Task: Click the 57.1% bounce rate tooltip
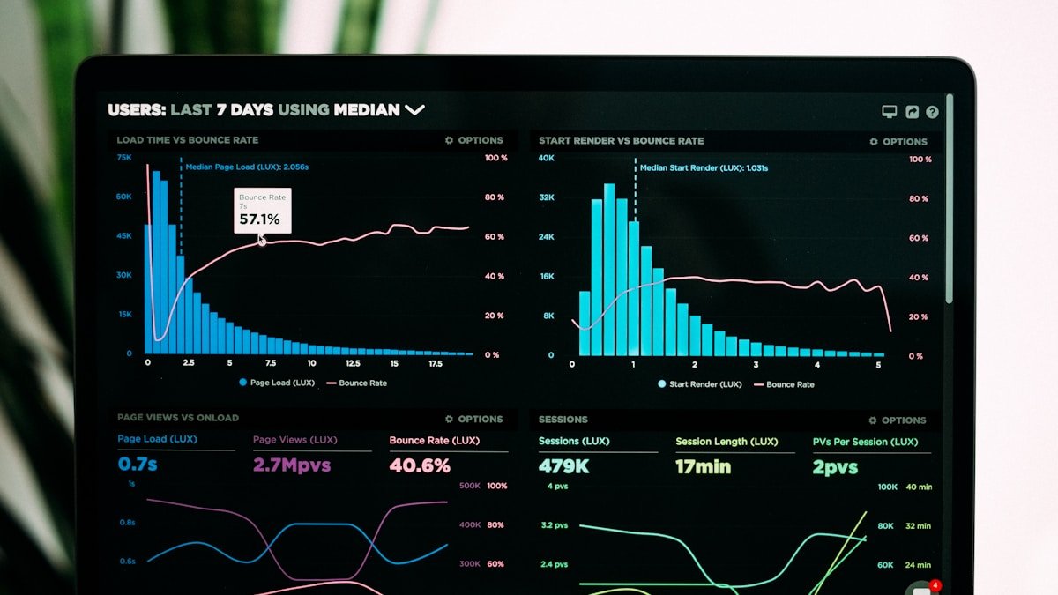tap(262, 212)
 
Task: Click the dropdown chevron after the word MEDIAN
tap(414, 110)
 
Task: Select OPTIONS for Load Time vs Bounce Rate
tap(474, 140)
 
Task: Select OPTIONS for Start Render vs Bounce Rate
tap(898, 142)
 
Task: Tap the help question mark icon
tap(932, 112)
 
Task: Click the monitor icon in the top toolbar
tap(890, 112)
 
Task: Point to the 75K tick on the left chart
tap(124, 158)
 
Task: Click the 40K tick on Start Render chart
tap(547, 159)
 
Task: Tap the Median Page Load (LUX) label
tap(246, 167)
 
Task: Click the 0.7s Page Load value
tap(138, 464)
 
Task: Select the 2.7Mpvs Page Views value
tap(292, 465)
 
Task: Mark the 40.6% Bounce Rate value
tap(420, 465)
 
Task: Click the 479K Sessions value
tap(563, 466)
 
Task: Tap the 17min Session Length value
tap(703, 467)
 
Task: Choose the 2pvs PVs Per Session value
tap(835, 468)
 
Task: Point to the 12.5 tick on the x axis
tap(353, 363)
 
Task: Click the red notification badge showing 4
tap(935, 585)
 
